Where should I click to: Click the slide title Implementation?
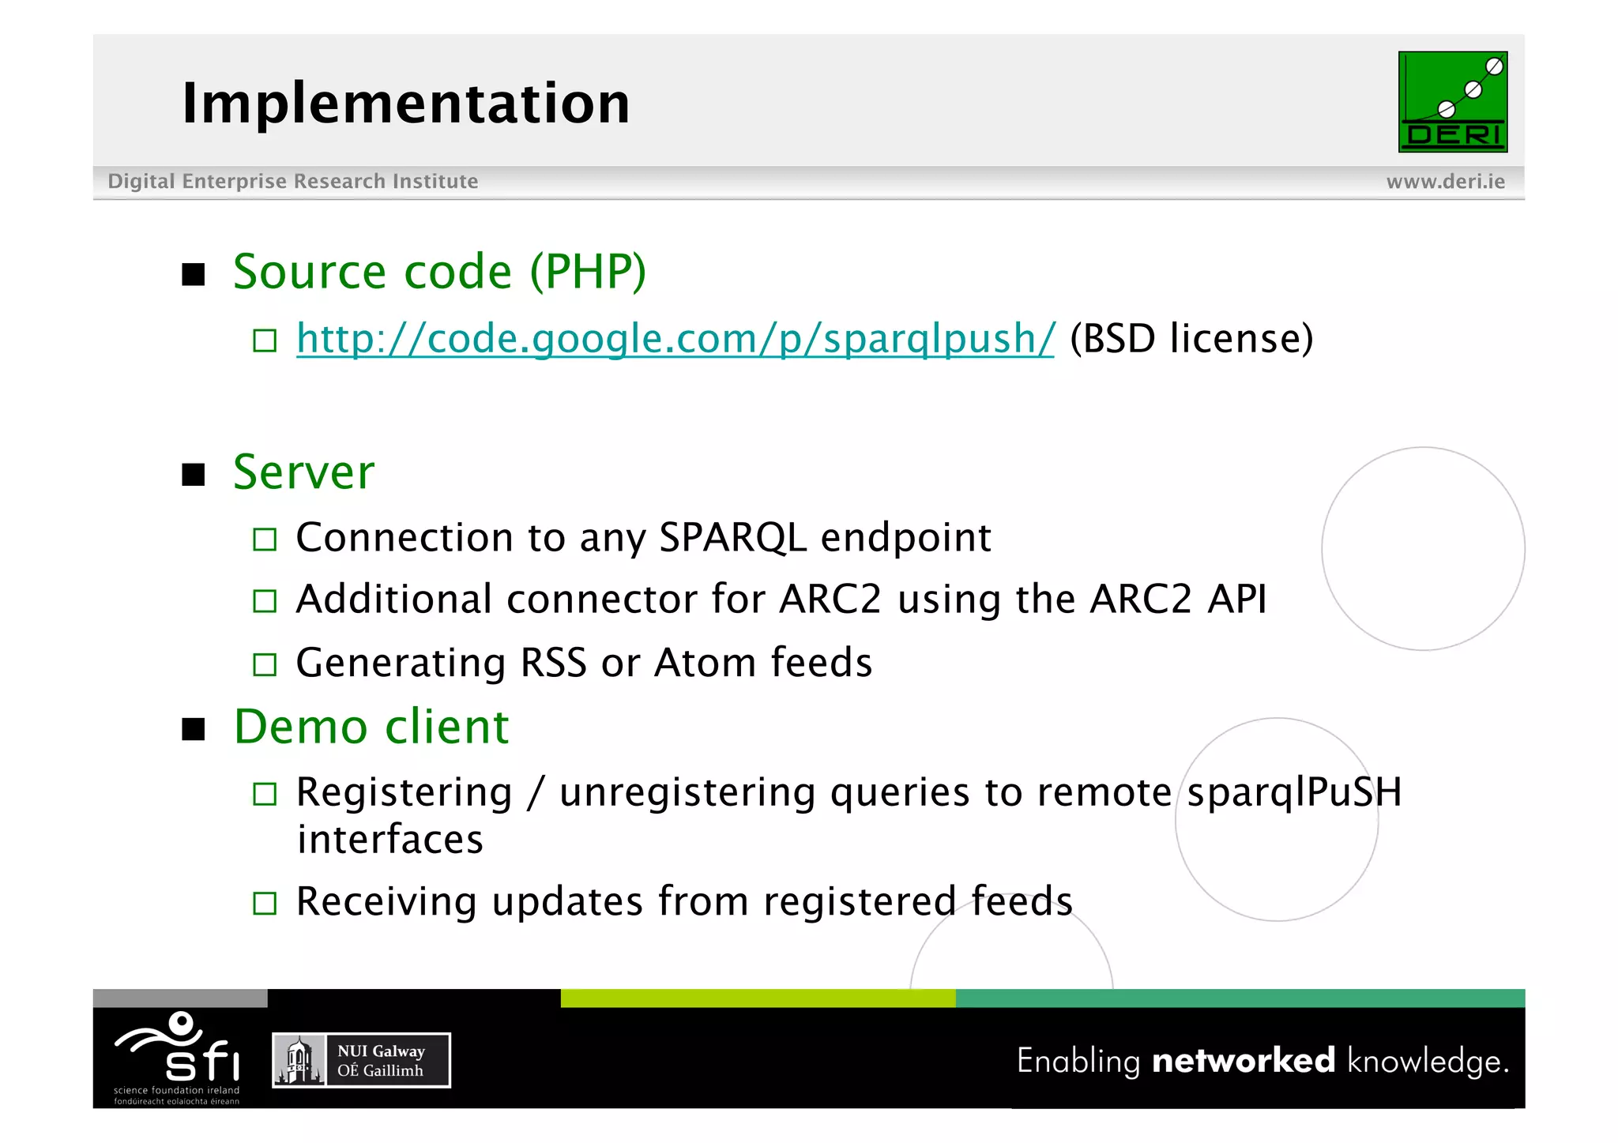point(405,103)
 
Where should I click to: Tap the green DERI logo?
point(1452,102)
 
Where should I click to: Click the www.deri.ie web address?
point(1445,182)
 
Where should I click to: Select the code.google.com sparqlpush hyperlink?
point(675,339)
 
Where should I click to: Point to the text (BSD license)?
point(1191,339)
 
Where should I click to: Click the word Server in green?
point(303,472)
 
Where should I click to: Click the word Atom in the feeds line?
point(705,663)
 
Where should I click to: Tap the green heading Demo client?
point(371,727)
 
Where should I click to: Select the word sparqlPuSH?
point(1294,792)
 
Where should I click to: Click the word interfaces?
point(389,839)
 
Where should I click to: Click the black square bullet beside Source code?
point(194,275)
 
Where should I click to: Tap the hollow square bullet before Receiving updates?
point(265,903)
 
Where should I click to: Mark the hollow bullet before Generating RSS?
point(265,664)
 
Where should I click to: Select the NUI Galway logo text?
point(381,1061)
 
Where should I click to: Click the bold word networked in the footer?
point(1243,1060)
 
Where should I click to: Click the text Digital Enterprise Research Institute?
point(292,182)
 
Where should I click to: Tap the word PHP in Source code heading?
point(588,273)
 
